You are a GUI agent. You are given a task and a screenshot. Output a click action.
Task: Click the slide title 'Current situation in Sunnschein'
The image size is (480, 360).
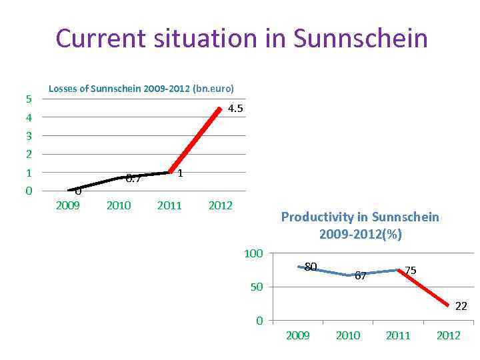click(x=241, y=38)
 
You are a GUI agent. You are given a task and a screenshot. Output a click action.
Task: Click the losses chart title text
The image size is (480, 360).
click(x=141, y=89)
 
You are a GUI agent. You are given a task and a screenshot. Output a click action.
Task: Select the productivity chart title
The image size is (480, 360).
click(x=360, y=225)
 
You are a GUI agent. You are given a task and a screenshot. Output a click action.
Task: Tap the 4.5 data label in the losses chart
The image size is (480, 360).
click(x=235, y=109)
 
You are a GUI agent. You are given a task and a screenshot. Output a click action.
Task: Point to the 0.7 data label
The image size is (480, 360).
click(x=133, y=179)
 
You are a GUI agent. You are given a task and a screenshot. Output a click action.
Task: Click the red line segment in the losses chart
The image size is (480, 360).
click(x=195, y=140)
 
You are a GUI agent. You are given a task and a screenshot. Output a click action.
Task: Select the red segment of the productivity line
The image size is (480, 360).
click(x=423, y=288)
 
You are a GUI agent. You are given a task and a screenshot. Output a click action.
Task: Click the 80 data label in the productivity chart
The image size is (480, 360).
click(x=310, y=267)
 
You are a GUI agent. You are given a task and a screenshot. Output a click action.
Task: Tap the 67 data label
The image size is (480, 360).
click(x=360, y=275)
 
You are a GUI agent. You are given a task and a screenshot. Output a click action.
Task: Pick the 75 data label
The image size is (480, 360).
click(x=411, y=270)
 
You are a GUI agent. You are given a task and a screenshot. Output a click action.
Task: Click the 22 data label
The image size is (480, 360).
click(x=461, y=306)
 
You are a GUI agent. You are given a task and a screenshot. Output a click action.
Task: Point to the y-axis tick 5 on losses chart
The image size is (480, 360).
click(x=28, y=99)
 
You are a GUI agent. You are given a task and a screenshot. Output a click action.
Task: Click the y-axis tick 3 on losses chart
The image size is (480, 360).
click(x=28, y=136)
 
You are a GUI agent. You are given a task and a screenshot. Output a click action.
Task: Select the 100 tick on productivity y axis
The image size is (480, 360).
click(x=254, y=253)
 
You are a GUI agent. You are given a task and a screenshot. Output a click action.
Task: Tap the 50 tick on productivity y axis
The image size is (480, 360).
click(x=257, y=287)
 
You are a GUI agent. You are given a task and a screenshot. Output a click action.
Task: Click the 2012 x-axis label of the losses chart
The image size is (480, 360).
click(x=220, y=205)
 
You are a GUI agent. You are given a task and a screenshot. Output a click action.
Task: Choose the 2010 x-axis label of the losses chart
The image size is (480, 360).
click(x=119, y=205)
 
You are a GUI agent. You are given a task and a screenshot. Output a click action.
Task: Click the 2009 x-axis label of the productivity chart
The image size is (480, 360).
click(x=297, y=335)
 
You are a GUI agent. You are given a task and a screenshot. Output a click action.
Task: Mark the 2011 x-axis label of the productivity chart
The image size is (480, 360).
click(x=398, y=335)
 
